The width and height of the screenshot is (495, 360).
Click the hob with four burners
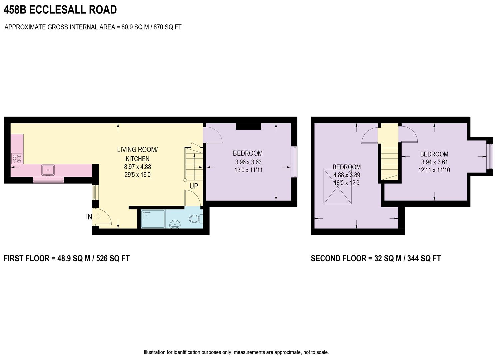[x=17, y=158]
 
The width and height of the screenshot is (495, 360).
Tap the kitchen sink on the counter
[x=48, y=170]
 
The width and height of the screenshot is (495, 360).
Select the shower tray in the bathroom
[x=153, y=219]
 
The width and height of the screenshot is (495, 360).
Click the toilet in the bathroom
[x=195, y=219]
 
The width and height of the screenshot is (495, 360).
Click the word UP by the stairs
[x=194, y=186]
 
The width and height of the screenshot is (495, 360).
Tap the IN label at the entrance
[x=89, y=217]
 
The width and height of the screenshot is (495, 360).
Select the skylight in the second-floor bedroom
[x=338, y=186]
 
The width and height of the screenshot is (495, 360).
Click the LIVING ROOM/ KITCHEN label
[x=137, y=154]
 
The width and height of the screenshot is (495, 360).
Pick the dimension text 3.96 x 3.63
[x=248, y=162]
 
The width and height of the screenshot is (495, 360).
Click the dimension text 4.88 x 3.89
[x=347, y=175]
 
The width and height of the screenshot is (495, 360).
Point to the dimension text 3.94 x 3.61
[x=434, y=162]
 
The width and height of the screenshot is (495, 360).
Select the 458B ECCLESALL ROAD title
[x=60, y=10]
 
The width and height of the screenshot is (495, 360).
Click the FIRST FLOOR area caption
[x=67, y=258]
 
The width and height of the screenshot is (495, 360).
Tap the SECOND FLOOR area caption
[x=376, y=258]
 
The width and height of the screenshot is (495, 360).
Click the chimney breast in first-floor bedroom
[x=248, y=126]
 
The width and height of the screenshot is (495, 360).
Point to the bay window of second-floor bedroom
[x=489, y=156]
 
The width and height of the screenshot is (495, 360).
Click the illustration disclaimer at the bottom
[x=236, y=352]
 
